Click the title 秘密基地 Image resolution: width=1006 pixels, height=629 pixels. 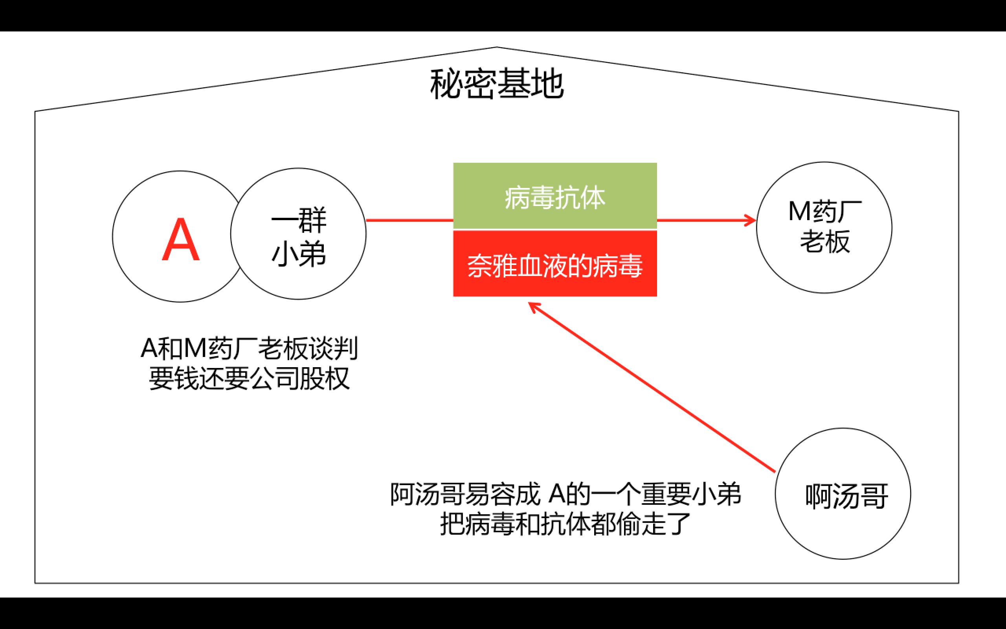[497, 85]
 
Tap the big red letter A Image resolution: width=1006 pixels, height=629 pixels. [180, 240]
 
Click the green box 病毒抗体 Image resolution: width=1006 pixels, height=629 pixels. [554, 196]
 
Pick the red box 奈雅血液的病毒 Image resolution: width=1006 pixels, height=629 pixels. [554, 265]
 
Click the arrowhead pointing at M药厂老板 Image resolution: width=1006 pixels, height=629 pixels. [751, 221]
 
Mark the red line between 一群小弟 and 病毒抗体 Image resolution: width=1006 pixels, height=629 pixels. [409, 220]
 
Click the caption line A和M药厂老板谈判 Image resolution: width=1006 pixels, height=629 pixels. [249, 349]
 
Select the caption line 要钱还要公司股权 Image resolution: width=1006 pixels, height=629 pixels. [249, 379]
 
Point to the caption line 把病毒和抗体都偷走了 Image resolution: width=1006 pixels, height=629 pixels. [565, 524]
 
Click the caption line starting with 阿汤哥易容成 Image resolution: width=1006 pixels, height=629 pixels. [565, 494]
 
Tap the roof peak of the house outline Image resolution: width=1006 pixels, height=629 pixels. [497, 48]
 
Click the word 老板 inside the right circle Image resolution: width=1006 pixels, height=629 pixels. [825, 242]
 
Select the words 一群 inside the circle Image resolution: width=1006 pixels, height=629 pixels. [299, 221]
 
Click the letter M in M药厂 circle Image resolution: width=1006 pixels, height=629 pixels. [799, 212]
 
